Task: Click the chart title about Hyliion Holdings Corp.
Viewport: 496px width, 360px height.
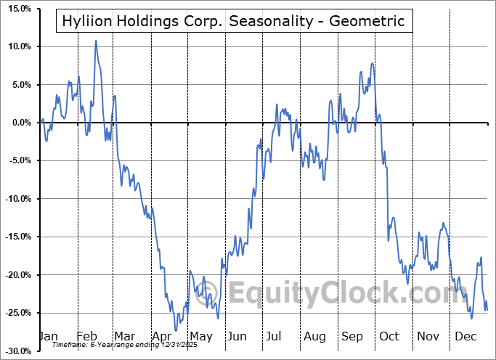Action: tap(234, 20)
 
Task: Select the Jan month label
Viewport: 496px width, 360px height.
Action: tap(47, 336)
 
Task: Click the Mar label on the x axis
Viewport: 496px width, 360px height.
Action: tap(123, 336)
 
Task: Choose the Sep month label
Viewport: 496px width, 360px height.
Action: tap(352, 336)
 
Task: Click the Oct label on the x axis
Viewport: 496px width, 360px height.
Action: tap(389, 336)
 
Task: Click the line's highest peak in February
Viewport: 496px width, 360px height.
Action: tap(96, 41)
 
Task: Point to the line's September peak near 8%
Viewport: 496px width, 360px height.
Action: tap(372, 64)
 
